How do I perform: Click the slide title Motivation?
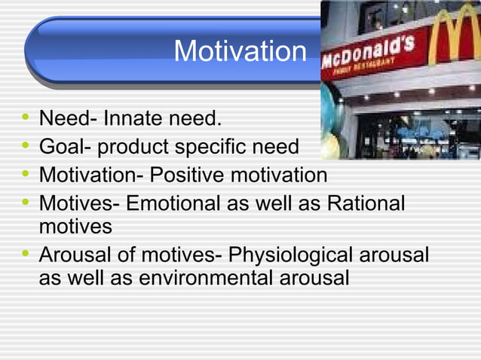pyautogui.click(x=240, y=52)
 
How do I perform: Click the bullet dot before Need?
pyautogui.click(x=26, y=119)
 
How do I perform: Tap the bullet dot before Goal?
pyautogui.click(x=26, y=147)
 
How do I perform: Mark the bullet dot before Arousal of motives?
pyautogui.click(x=26, y=255)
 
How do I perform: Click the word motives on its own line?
pyautogui.click(x=75, y=227)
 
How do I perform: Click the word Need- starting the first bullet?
pyautogui.click(x=67, y=119)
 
